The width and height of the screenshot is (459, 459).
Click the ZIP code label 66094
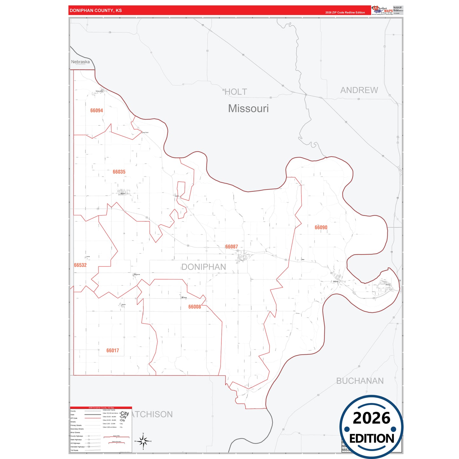(97, 111)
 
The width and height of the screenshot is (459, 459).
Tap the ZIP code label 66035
(119, 172)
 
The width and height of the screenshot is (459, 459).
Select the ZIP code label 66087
(232, 247)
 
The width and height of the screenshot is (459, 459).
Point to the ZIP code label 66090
(321, 227)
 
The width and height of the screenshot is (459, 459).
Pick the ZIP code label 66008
(195, 307)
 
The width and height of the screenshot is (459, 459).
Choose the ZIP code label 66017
(113, 351)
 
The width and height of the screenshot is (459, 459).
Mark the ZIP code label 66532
(80, 265)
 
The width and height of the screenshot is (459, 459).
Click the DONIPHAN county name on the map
(204, 267)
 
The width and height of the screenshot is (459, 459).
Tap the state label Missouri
(248, 109)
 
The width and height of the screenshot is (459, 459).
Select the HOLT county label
(236, 92)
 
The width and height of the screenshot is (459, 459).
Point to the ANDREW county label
(359, 90)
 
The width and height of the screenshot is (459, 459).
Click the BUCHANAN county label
(360, 381)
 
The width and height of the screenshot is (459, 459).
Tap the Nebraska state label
(80, 62)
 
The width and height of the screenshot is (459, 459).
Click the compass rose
(143, 441)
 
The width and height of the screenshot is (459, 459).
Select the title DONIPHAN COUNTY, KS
(96, 10)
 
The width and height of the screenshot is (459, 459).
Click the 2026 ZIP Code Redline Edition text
(345, 13)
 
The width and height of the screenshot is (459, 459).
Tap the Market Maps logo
(382, 10)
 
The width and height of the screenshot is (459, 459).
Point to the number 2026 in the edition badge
(371, 418)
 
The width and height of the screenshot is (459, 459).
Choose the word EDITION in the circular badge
(372, 439)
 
